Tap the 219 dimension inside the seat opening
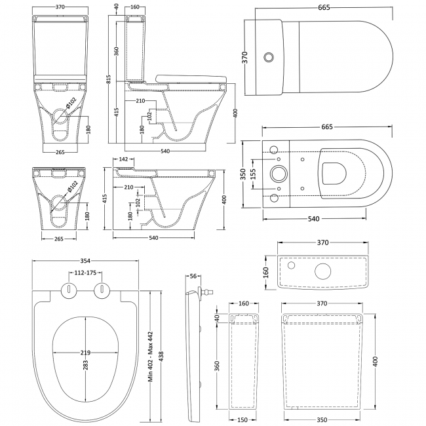pos(85,351)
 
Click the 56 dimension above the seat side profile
pos(193,276)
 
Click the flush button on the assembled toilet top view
pos(268,58)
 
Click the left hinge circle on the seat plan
pos(68,290)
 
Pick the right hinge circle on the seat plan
pos(102,290)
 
